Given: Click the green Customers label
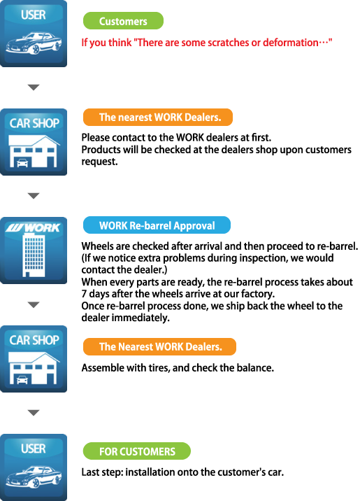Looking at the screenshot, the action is click(x=123, y=21).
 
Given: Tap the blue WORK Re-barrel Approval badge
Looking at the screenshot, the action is click(x=157, y=225).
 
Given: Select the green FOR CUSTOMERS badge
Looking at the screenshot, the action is click(x=137, y=451).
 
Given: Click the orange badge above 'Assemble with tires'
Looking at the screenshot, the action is click(x=159, y=346).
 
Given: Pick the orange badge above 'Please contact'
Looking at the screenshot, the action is click(x=158, y=118).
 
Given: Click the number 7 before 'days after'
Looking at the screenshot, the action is click(x=84, y=294).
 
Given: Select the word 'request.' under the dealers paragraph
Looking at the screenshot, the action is click(x=99, y=162).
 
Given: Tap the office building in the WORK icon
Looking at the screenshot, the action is click(x=34, y=255).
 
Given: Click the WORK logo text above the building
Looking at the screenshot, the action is click(x=33, y=227).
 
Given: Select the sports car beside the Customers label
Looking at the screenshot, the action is click(x=34, y=43).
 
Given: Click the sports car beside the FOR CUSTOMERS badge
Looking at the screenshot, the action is click(x=34, y=477).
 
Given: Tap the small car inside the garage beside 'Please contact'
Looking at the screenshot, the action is click(x=22, y=163).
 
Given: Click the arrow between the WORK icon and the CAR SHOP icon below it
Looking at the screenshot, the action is click(x=34, y=304).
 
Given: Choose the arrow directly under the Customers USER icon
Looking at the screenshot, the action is click(x=34, y=87).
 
